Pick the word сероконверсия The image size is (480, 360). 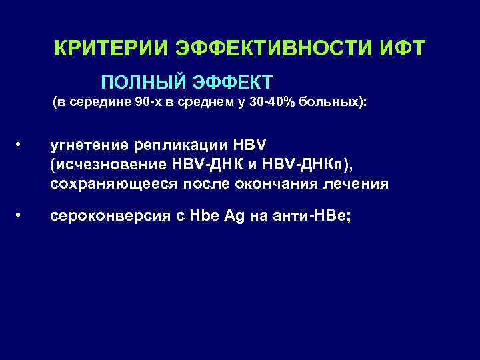pos(107,215)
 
